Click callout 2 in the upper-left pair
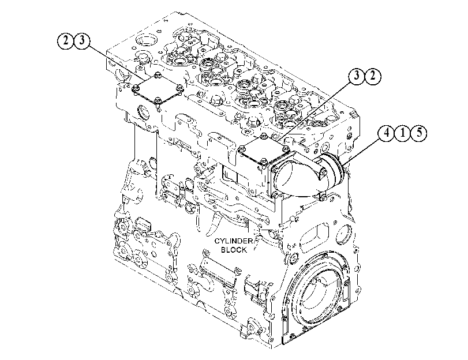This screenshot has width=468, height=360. [65, 40]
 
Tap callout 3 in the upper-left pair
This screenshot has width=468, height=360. [82, 40]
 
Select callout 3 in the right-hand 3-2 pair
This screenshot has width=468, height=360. [357, 76]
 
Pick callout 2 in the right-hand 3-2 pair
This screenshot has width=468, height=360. [373, 76]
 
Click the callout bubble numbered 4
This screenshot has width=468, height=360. [387, 133]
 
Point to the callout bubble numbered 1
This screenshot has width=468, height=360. [403, 133]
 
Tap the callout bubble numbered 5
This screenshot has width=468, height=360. [419, 133]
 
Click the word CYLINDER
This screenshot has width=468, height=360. [234, 241]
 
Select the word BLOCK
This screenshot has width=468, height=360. [234, 250]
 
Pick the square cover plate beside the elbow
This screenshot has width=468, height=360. [263, 151]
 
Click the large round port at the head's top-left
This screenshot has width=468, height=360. [146, 40]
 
